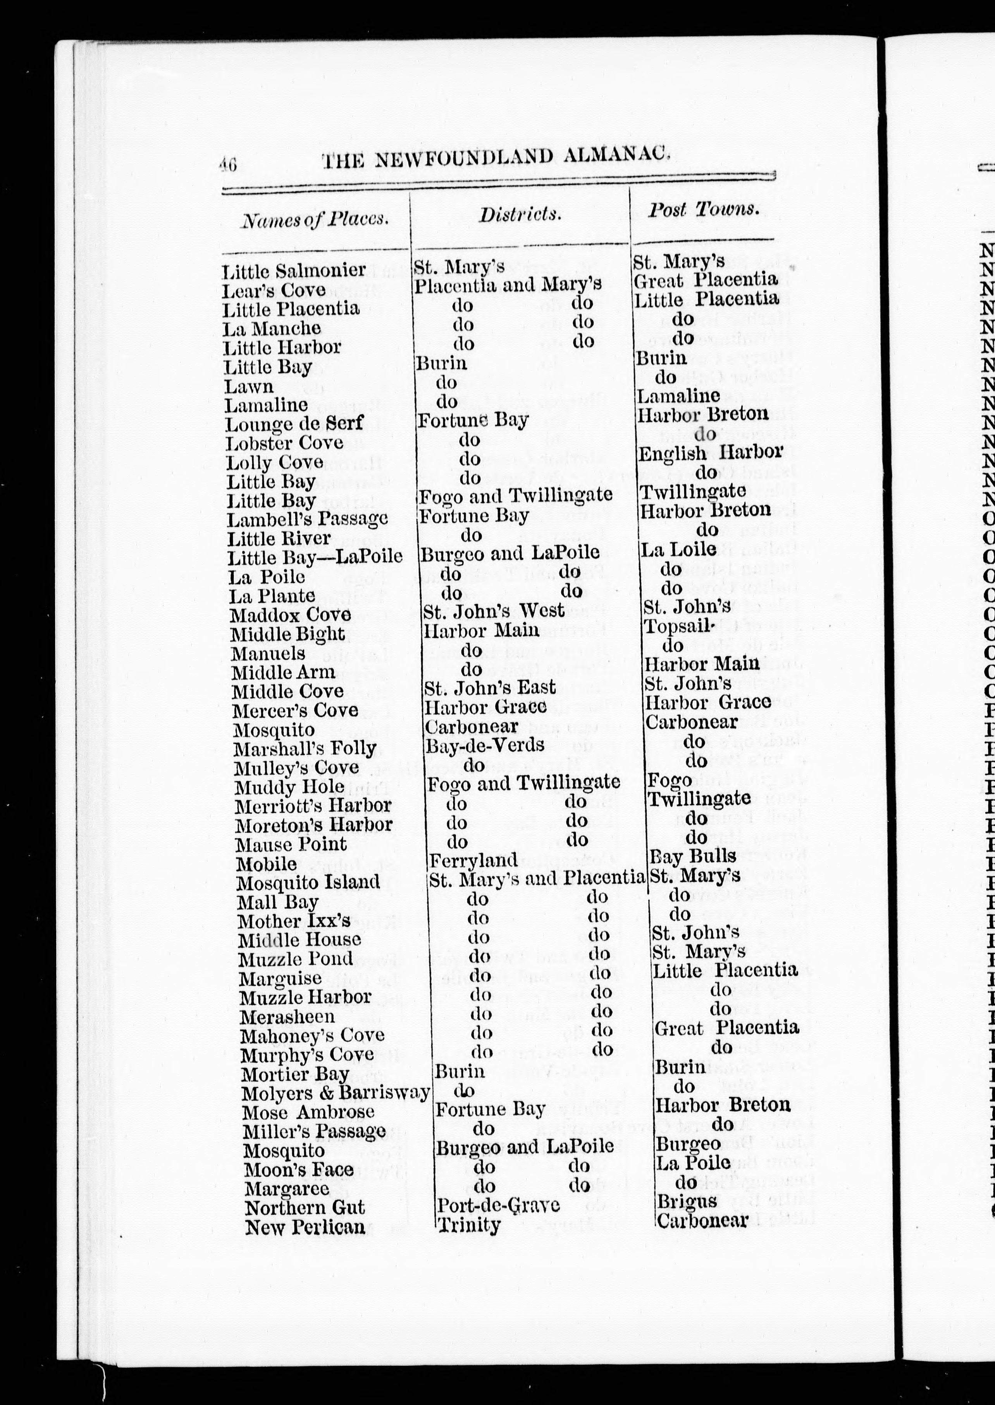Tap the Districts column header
[x=520, y=214]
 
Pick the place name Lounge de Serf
[x=294, y=424]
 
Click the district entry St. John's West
[x=494, y=611]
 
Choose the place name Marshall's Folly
[x=305, y=749]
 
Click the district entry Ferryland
[x=473, y=861]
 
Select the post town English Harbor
[x=710, y=453]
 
